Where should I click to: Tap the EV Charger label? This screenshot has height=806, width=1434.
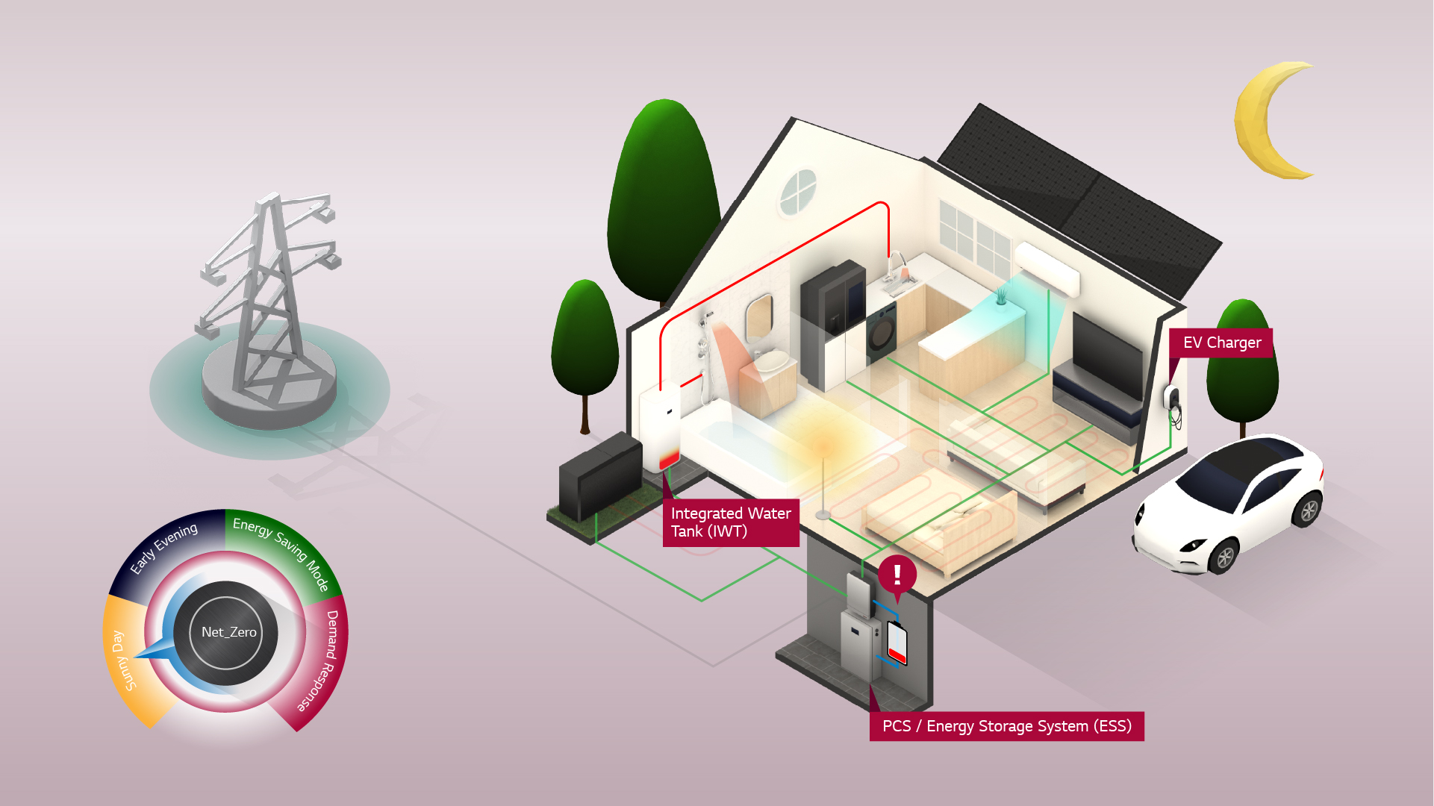tap(1221, 343)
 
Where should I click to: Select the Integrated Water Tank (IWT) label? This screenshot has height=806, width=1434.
tap(731, 522)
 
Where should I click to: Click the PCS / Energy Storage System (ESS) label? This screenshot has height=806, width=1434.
tap(1006, 726)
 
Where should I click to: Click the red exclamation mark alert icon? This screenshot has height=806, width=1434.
tap(897, 577)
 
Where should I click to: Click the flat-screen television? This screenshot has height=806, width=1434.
tap(1107, 355)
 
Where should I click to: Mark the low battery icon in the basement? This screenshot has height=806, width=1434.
tap(897, 643)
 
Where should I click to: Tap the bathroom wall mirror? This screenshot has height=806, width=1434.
tap(759, 316)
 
